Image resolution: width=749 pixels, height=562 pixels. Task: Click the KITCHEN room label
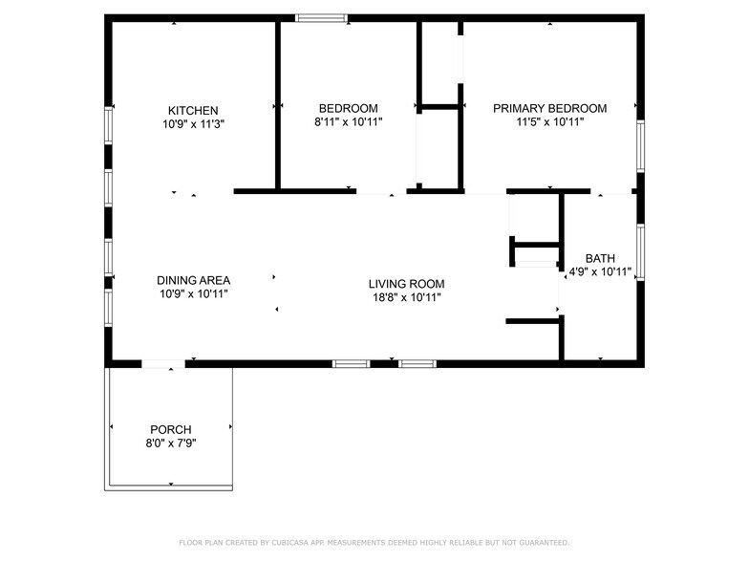(193, 110)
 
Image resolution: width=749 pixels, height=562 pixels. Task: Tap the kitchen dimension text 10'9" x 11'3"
(193, 123)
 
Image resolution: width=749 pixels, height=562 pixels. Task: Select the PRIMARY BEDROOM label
(549, 108)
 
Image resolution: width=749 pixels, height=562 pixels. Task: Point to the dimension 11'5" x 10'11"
(549, 121)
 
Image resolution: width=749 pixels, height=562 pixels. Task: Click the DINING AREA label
(193, 280)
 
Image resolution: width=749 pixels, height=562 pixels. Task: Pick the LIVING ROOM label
(406, 284)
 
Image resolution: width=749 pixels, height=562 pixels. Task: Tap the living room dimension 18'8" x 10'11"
(406, 297)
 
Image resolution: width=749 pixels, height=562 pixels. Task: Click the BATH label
(600, 258)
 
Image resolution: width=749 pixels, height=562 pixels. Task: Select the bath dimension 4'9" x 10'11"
(600, 271)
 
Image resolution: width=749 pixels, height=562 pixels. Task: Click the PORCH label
(170, 429)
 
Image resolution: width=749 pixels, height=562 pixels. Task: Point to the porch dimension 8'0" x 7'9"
(170, 443)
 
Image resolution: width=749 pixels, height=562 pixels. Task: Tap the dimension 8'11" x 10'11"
(348, 121)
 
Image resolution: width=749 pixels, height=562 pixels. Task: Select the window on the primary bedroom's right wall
(640, 146)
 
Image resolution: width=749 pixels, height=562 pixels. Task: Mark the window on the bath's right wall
(640, 251)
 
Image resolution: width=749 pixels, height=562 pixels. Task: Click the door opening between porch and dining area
(162, 363)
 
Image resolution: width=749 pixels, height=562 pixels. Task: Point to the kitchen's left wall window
(109, 125)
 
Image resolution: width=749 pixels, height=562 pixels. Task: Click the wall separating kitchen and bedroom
(278, 105)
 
